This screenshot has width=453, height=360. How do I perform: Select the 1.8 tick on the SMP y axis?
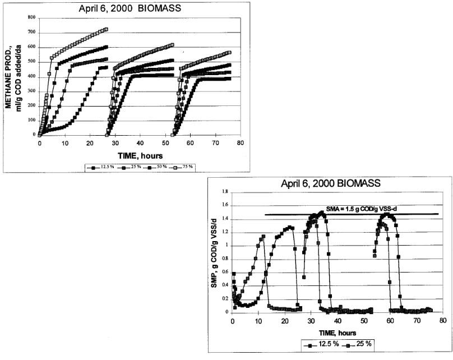point(225,192)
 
